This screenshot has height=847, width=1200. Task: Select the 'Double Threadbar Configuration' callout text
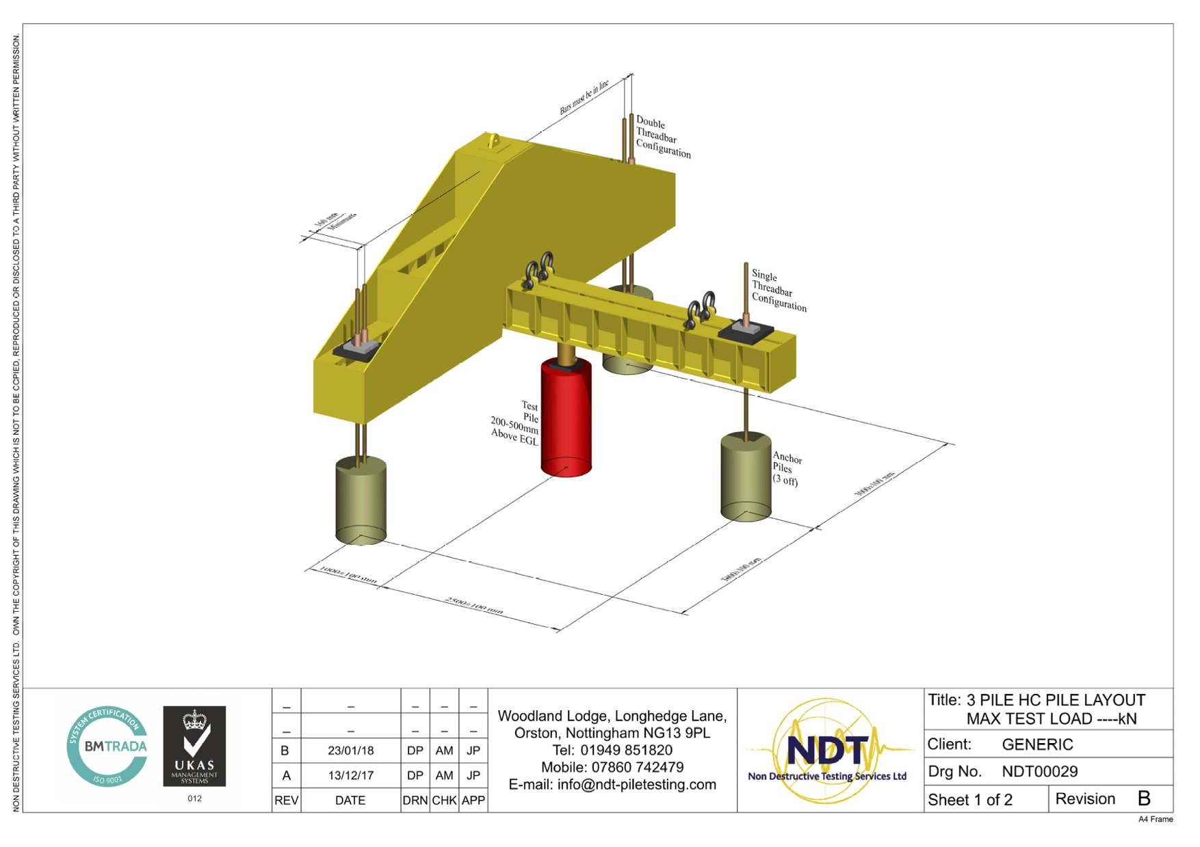[x=662, y=137]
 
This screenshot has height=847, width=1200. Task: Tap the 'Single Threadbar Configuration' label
[x=778, y=291]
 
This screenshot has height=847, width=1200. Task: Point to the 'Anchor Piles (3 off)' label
[x=786, y=469]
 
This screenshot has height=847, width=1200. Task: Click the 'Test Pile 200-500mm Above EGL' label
[x=517, y=423]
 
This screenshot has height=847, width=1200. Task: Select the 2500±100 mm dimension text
[x=474, y=606]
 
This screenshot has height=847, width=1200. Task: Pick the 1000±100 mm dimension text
[x=348, y=575]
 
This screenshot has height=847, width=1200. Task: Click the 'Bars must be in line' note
[x=584, y=98]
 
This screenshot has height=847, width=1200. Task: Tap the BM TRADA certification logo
[x=107, y=746]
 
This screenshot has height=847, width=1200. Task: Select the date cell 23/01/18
[x=350, y=751]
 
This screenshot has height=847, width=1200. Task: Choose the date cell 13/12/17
[x=350, y=776]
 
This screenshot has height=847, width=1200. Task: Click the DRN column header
[x=415, y=801]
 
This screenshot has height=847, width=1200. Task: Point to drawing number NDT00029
[x=1039, y=772]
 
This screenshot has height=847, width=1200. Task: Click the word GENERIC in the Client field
[x=1037, y=744]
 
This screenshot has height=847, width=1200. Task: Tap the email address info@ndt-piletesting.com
[x=636, y=785]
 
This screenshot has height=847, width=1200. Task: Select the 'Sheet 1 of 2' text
[x=969, y=800]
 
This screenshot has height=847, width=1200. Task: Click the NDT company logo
[x=828, y=751]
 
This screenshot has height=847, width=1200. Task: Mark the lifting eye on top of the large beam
[x=493, y=142]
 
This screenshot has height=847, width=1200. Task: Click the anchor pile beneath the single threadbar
[x=746, y=477]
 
